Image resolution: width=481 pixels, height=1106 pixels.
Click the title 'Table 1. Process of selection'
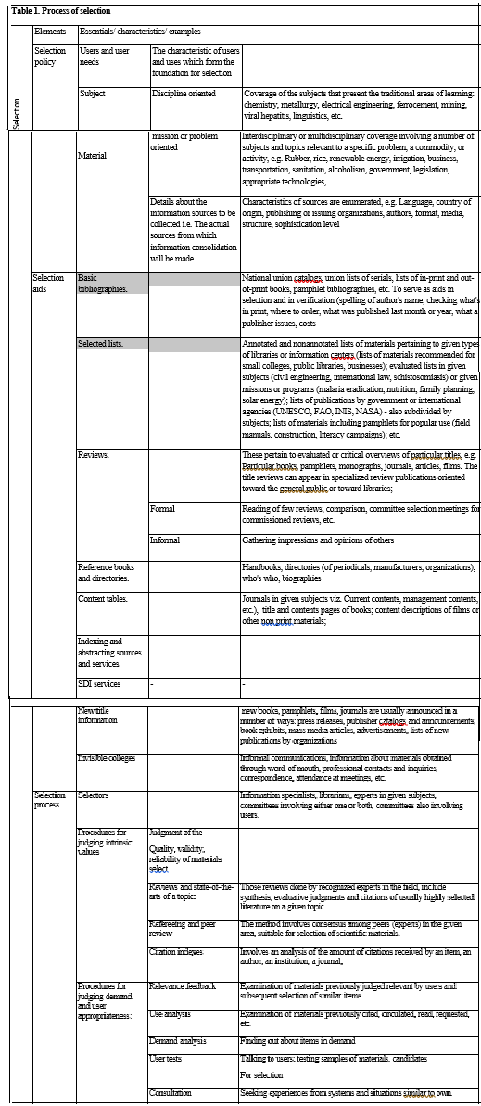pyautogui.click(x=60, y=11)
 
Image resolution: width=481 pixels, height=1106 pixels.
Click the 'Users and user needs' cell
pyautogui.click(x=104, y=57)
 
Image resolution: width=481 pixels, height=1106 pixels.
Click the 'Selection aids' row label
pyautogui.click(x=49, y=283)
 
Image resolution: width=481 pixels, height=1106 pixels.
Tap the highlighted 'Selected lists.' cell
pyautogui.click(x=101, y=344)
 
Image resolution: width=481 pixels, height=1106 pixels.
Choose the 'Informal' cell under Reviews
pyautogui.click(x=166, y=540)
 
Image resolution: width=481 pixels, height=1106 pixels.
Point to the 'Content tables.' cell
pyautogui.click(x=103, y=599)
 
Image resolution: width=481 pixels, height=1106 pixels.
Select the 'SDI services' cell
pyautogui.click(x=100, y=684)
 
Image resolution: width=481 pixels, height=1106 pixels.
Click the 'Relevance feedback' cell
pyautogui.click(x=183, y=986)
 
